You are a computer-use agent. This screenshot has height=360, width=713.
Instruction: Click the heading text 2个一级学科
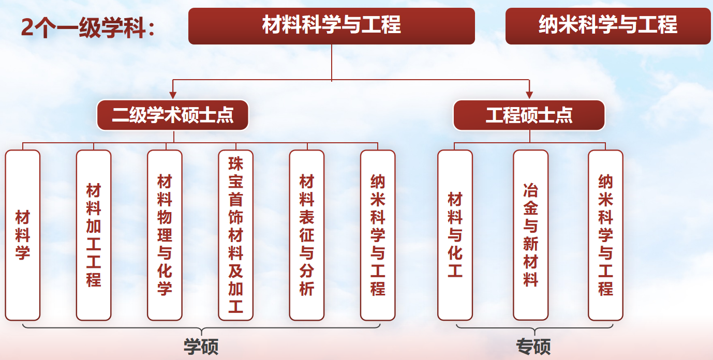(x=88, y=27)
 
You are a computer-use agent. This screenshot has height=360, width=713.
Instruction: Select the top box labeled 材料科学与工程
(x=331, y=26)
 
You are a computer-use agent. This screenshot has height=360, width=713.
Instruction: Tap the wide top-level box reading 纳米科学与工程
(x=608, y=26)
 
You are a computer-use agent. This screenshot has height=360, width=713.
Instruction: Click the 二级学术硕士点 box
(x=173, y=115)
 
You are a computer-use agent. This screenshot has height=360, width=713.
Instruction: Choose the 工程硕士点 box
(x=529, y=115)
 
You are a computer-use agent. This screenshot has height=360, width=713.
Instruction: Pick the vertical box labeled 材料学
(x=23, y=235)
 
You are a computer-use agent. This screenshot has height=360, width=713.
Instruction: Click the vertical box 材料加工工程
(x=94, y=235)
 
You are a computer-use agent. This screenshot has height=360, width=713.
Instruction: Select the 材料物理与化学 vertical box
(x=165, y=235)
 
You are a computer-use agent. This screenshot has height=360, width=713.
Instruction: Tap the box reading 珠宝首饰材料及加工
(x=236, y=235)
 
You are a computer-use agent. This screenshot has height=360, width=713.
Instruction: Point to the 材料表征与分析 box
(x=307, y=235)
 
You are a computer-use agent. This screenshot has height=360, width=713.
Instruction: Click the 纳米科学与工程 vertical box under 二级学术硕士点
(x=378, y=235)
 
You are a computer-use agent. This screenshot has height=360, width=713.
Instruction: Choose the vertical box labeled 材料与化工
(x=455, y=235)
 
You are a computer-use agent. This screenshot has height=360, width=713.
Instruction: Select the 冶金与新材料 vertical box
(x=530, y=235)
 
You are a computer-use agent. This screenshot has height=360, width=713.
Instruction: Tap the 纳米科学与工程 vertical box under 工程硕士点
(x=605, y=235)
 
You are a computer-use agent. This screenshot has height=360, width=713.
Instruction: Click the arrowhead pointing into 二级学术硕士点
(x=173, y=95)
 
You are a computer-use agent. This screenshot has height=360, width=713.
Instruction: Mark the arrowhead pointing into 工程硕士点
(x=529, y=95)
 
